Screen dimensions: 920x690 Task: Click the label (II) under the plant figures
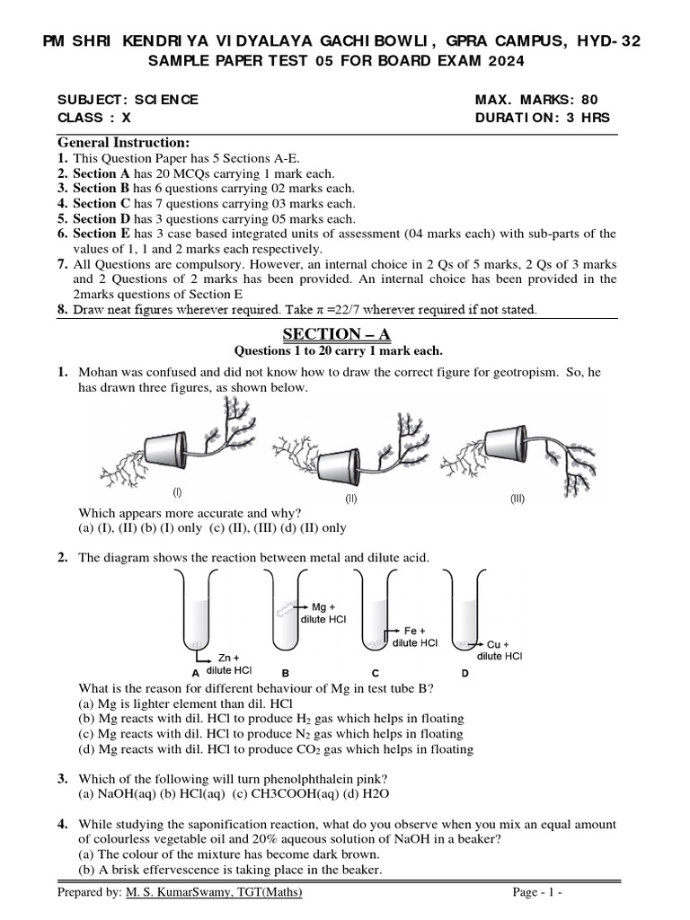[351, 499]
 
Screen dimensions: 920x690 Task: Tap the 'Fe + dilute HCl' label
[415, 637]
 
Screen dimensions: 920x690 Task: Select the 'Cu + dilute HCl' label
[500, 650]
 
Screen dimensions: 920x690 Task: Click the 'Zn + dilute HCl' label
[229, 664]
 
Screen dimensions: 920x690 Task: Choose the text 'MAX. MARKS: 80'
[535, 100]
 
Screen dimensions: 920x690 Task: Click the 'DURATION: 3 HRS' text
[542, 118]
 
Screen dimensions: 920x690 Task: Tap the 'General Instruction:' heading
[124, 143]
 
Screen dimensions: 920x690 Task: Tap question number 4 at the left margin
[63, 824]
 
